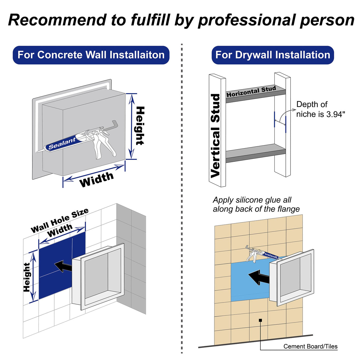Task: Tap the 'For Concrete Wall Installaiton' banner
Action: [91, 55]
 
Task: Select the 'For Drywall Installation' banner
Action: [273, 55]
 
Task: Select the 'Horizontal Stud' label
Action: [251, 91]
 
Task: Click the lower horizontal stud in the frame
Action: [256, 153]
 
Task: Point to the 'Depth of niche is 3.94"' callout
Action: [321, 109]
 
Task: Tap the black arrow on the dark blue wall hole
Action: [63, 266]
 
